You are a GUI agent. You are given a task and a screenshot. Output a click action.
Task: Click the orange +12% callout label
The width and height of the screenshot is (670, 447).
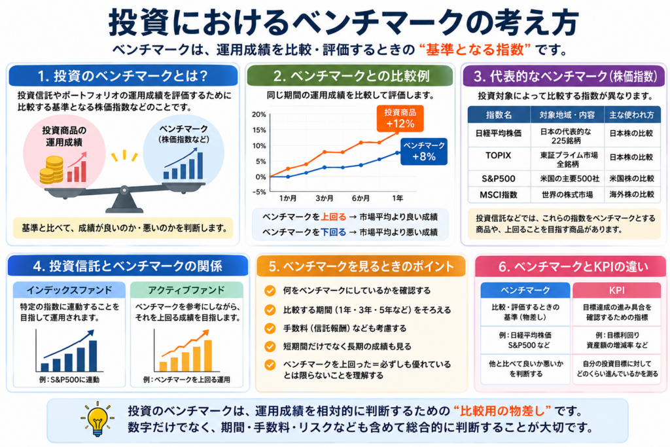pos(400,118)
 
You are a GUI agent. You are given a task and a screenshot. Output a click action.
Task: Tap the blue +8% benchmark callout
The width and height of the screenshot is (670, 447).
pos(424,151)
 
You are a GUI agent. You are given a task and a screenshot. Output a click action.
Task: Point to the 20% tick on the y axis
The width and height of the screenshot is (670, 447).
pos(259,115)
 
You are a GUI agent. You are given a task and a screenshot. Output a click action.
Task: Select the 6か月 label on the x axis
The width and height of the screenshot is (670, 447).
pos(361,198)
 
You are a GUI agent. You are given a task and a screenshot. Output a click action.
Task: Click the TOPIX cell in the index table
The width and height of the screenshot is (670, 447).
pos(498,156)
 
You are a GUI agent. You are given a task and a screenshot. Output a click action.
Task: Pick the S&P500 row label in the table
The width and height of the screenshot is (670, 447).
pos(498,179)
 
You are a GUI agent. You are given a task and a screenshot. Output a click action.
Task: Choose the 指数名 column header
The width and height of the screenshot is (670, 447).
pos(499,115)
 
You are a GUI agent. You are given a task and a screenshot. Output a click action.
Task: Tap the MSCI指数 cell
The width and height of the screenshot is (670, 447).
pos(498,195)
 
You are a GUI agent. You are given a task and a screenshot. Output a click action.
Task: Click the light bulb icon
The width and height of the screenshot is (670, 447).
pos(97,419)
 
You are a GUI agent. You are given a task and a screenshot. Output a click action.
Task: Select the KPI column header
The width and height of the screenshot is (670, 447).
pos(616,290)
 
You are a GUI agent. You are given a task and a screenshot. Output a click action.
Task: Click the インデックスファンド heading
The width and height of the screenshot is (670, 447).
pos(69,290)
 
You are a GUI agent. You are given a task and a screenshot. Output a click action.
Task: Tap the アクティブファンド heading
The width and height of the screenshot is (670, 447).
pos(186,290)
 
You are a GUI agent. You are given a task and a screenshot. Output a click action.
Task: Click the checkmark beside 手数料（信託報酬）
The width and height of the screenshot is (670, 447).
pos(270,328)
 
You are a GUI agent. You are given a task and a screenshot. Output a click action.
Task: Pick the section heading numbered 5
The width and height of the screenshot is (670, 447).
pos(361,266)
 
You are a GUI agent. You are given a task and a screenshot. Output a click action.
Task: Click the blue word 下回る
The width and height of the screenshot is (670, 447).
pos(333,232)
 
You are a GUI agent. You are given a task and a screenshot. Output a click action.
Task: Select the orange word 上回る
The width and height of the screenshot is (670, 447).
pos(333,217)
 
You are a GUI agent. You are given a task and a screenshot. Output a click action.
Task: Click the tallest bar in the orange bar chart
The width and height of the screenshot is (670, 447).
pos(208,355)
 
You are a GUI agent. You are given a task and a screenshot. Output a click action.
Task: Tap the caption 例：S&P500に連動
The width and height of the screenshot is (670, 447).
pos(69,380)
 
